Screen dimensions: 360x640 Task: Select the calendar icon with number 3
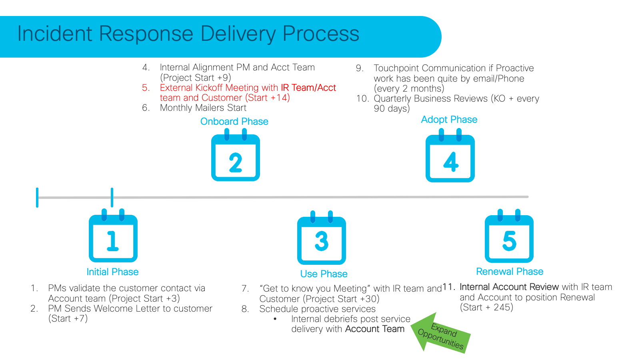322,239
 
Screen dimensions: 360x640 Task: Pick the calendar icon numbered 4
450,159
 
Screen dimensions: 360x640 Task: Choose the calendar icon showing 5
509,238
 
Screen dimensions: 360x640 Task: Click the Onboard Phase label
234,122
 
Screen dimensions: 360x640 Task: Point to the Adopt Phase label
449,120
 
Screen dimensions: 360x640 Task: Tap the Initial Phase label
112,272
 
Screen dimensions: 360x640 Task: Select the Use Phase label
324,274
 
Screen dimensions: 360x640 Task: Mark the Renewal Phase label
510,272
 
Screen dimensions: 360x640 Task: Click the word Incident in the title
55,34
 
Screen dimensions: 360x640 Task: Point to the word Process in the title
321,34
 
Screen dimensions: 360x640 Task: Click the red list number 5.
146,88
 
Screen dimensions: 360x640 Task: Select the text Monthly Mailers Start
203,108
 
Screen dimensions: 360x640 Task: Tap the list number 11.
448,287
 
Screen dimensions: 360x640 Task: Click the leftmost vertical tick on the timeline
37,198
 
